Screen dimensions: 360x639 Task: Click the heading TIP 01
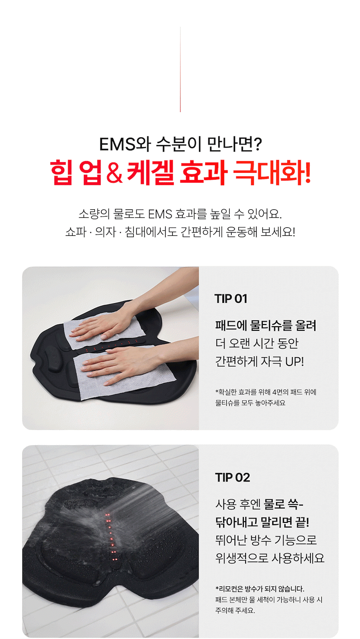[x=231, y=299]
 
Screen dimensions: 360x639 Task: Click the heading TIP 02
[x=233, y=477]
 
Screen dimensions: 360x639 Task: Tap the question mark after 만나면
[x=257, y=144]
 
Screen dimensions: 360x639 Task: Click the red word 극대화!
[x=272, y=172]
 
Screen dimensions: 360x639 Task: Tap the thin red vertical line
[x=180, y=69]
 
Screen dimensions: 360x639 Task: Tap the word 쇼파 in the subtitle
[x=76, y=232]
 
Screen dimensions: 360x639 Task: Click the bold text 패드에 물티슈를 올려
[x=266, y=325]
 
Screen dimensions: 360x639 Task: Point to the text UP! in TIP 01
[x=295, y=361]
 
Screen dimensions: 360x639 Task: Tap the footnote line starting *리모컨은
[x=260, y=589]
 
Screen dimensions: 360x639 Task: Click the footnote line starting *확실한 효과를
[x=266, y=392]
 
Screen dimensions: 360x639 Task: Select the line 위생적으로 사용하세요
[x=270, y=558]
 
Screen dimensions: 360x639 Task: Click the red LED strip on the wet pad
[x=111, y=537]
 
